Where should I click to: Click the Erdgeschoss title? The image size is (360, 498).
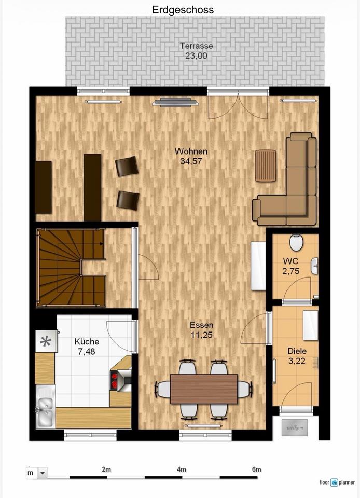click(183, 10)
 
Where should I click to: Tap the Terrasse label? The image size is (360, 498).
click(196, 46)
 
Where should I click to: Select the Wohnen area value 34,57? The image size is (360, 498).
click(191, 161)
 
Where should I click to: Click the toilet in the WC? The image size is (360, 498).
click(296, 242)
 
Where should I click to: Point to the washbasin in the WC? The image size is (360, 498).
click(314, 266)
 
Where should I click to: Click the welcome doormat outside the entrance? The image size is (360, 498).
click(295, 427)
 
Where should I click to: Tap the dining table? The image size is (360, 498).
click(204, 389)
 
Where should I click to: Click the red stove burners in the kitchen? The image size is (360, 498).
click(114, 380)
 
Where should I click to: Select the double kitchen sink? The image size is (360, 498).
click(45, 407)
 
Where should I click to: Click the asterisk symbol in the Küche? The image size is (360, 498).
click(46, 341)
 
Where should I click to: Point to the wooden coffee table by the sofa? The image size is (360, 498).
click(266, 166)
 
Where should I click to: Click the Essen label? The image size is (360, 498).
click(202, 325)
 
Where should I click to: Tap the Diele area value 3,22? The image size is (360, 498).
click(297, 361)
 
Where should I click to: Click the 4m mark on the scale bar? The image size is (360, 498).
click(182, 469)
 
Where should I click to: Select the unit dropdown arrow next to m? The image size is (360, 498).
click(42, 473)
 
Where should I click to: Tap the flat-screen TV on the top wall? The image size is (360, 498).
click(175, 102)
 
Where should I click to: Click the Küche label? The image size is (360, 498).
click(87, 342)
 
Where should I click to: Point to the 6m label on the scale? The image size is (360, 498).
click(256, 469)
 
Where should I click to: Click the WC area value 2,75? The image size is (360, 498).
click(291, 271)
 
